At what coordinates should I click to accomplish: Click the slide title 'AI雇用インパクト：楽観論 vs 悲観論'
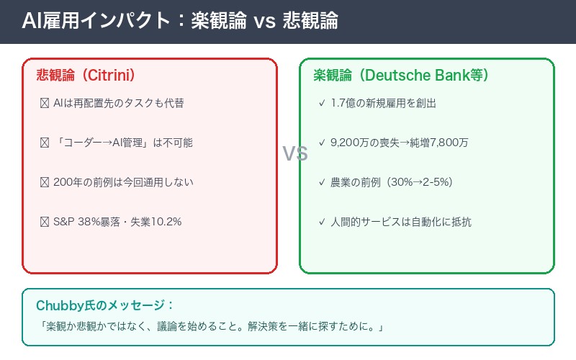click(x=179, y=21)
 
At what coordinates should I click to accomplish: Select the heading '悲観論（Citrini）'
click(x=86, y=75)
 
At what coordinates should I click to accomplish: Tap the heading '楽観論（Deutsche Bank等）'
click(x=401, y=75)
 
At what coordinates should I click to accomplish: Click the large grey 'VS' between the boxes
click(x=294, y=153)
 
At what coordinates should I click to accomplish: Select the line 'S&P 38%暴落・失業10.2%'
click(x=117, y=222)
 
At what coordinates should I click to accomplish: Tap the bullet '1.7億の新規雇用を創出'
click(x=383, y=103)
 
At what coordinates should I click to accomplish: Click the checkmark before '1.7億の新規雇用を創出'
click(x=321, y=103)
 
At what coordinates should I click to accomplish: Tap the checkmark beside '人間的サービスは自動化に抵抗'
click(x=321, y=222)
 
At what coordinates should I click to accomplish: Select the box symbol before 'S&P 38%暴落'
click(x=45, y=222)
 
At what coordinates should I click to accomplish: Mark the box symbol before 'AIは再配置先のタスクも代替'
click(x=45, y=103)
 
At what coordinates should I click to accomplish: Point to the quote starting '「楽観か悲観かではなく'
click(x=213, y=328)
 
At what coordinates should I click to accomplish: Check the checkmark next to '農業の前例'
click(x=321, y=182)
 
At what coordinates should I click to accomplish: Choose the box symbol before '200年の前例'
click(x=45, y=182)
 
